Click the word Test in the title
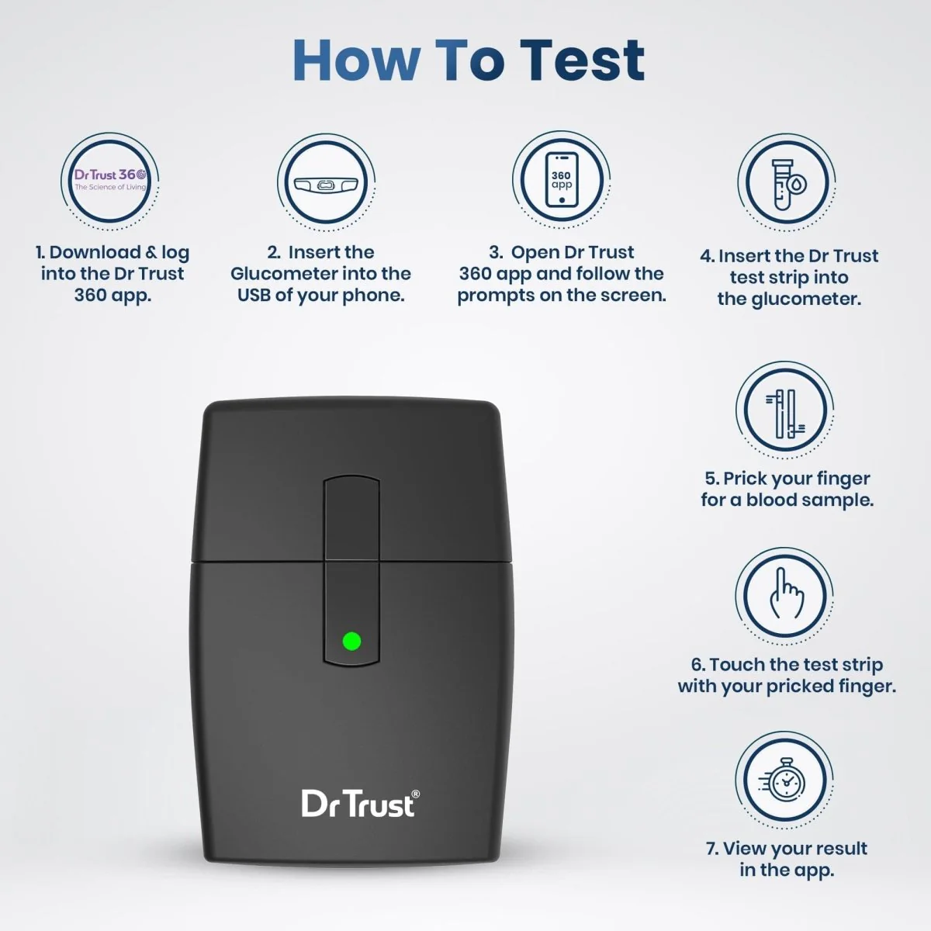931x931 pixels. point(583,61)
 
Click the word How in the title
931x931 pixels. point(356,61)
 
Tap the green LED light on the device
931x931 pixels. point(351,642)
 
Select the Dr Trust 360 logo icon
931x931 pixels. point(110,180)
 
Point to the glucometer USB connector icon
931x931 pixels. point(326,184)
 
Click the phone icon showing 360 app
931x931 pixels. point(562,180)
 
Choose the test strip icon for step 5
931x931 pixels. point(785,414)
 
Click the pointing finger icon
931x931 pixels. point(787,594)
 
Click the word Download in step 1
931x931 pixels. point(95,252)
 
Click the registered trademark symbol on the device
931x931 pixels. point(415,794)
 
